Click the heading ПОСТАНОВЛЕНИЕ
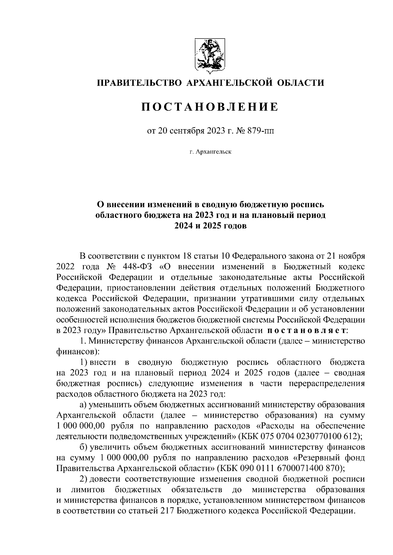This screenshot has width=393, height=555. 210,107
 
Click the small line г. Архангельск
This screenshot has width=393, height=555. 210,152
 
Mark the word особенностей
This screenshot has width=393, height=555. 84,319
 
